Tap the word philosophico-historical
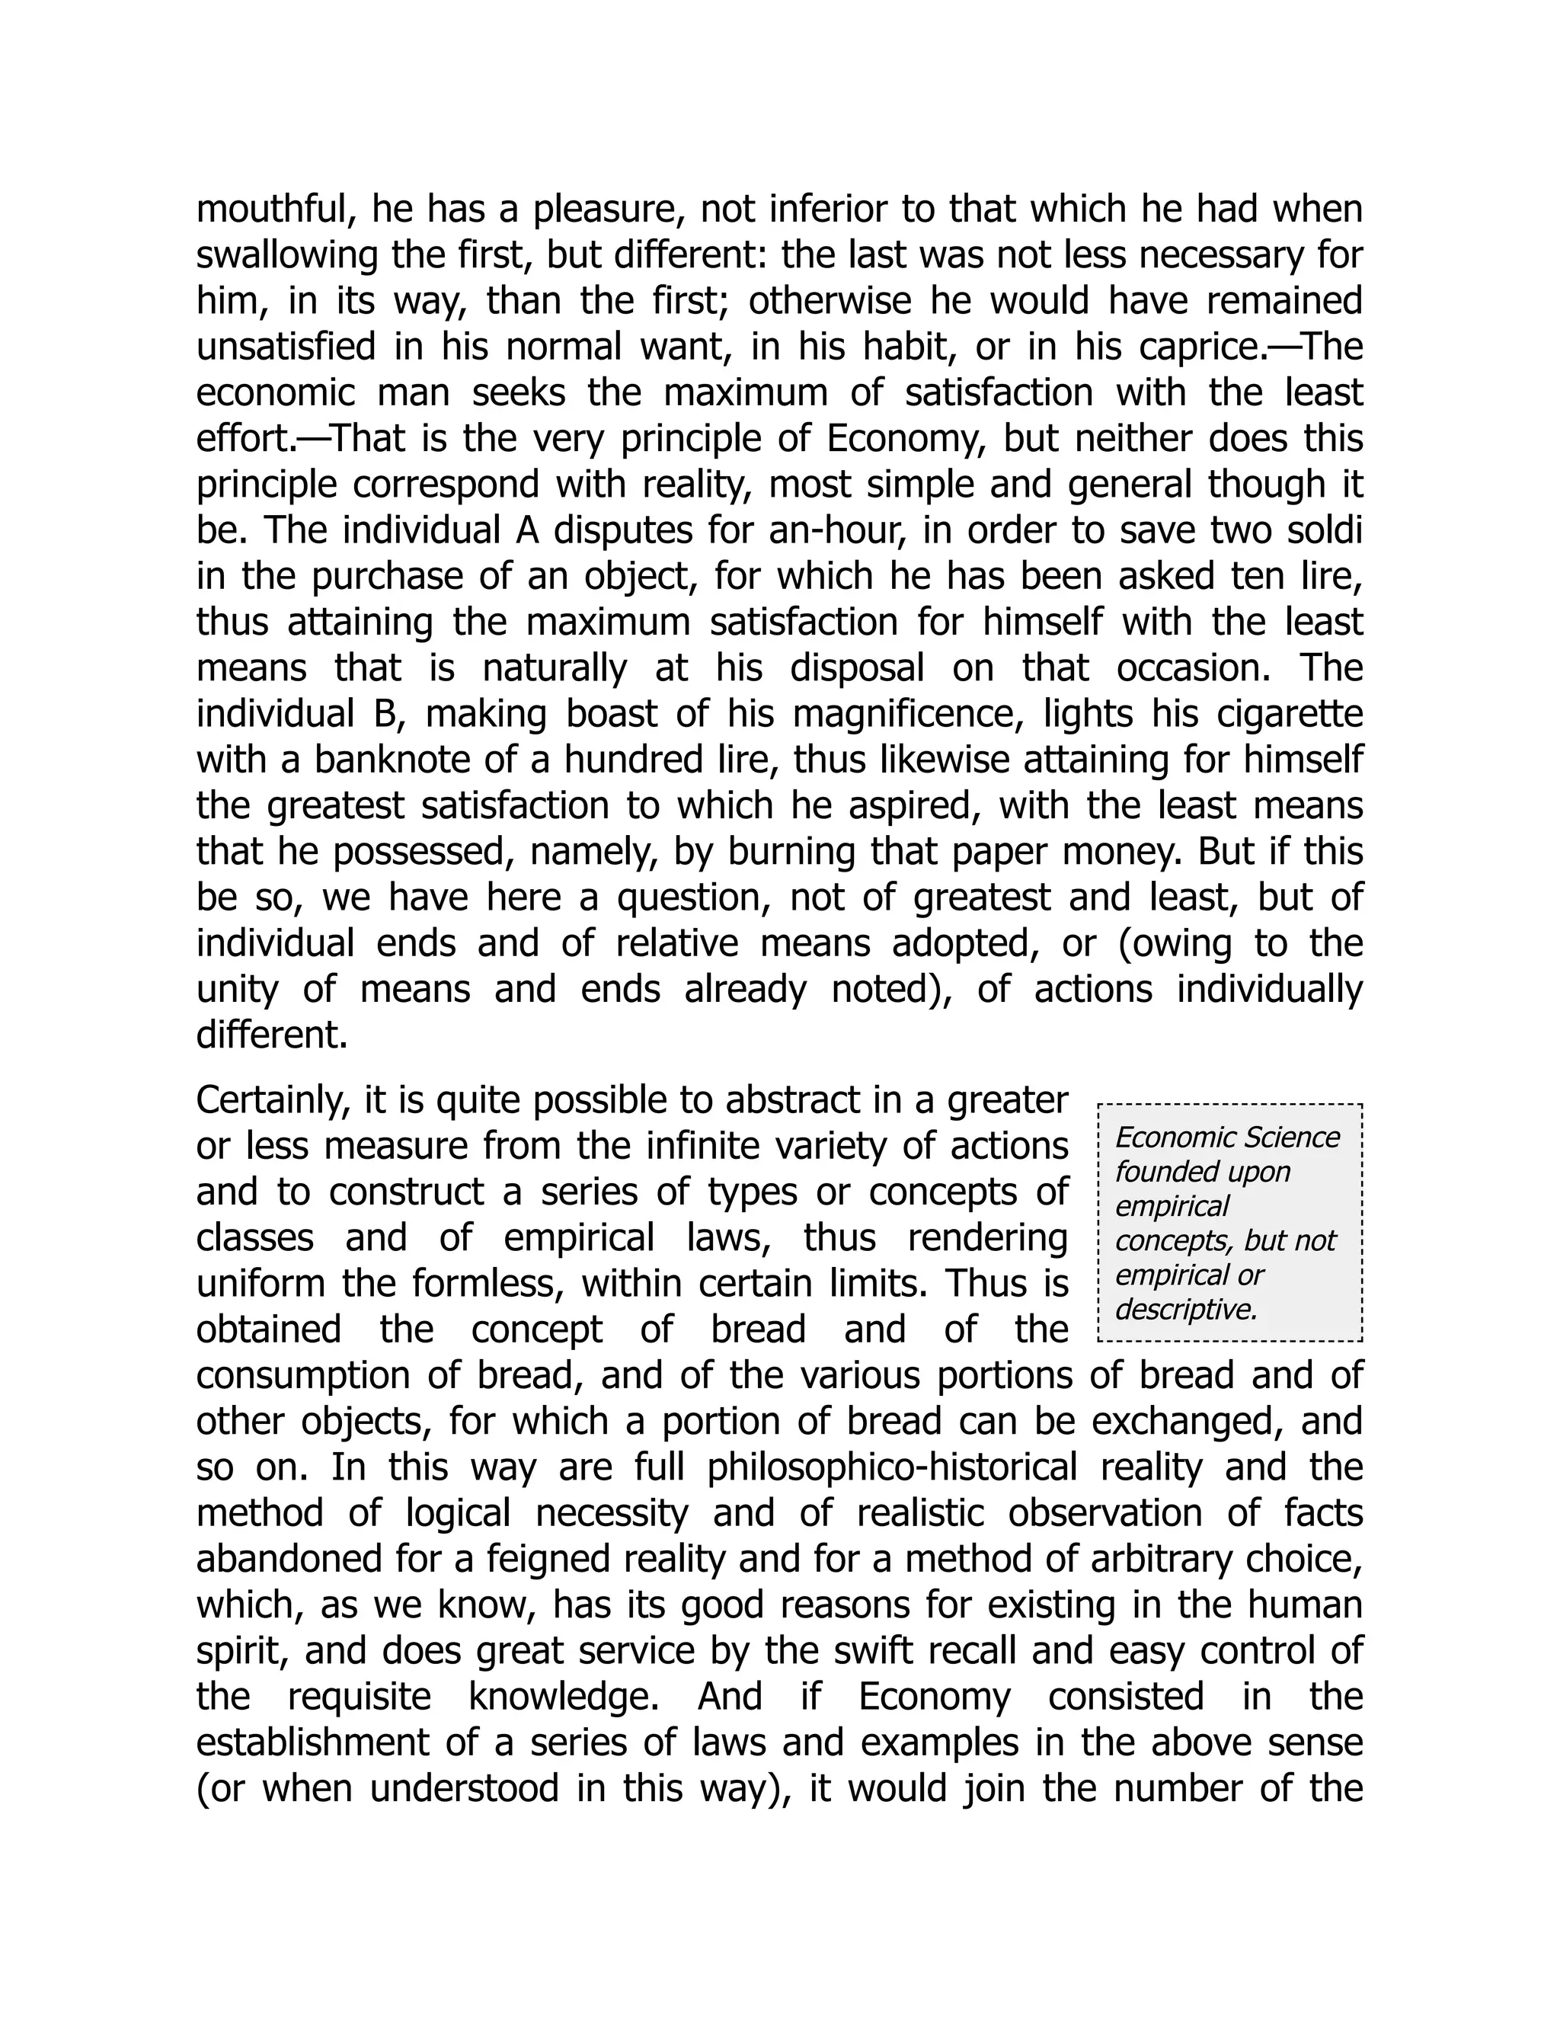(892, 1467)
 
